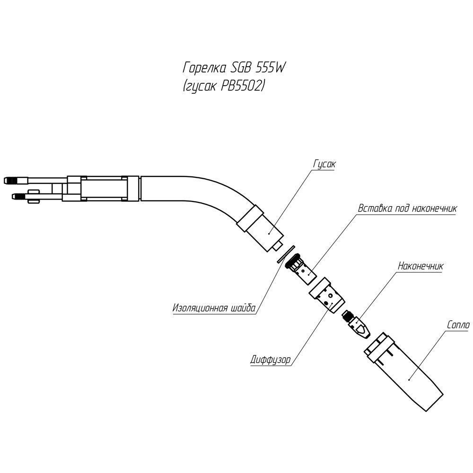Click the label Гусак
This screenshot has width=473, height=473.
[x=324, y=164]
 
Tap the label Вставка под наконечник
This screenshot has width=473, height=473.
[x=407, y=209]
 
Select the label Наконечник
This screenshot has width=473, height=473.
[x=420, y=266]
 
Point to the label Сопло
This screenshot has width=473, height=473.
[x=458, y=325]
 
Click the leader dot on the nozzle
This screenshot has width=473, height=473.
[x=410, y=378]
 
